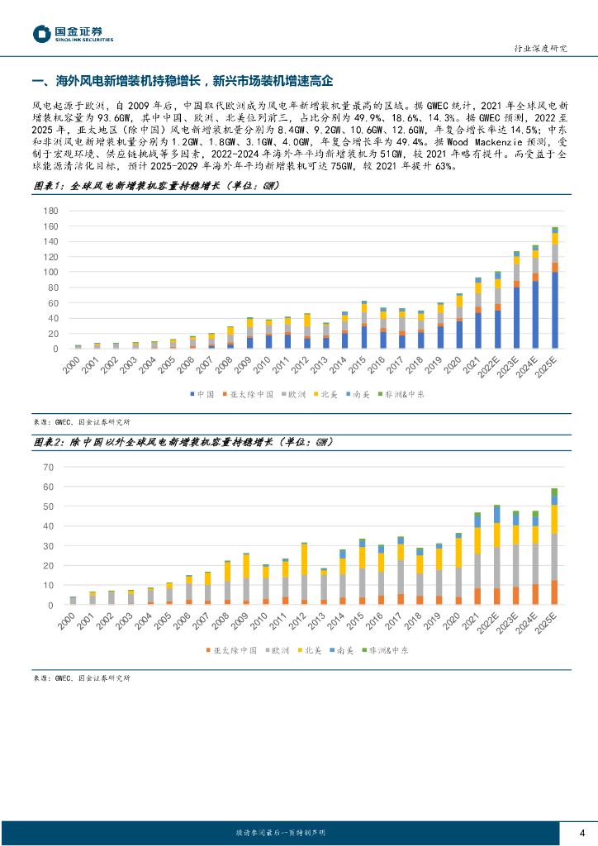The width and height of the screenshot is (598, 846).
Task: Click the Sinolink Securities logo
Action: point(73,34)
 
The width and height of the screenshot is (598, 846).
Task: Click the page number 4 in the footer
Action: point(581,832)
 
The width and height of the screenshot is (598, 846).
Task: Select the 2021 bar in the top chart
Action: point(477,314)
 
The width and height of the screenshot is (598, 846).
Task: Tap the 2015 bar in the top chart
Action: point(363,326)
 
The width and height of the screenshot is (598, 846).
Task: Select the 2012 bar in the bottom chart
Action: point(304,573)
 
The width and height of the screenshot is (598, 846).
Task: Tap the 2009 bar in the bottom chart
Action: point(246,579)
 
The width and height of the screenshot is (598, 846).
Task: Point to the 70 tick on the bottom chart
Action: point(48,468)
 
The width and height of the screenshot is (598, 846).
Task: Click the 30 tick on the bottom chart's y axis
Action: point(48,546)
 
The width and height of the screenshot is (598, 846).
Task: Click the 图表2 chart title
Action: point(182,442)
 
